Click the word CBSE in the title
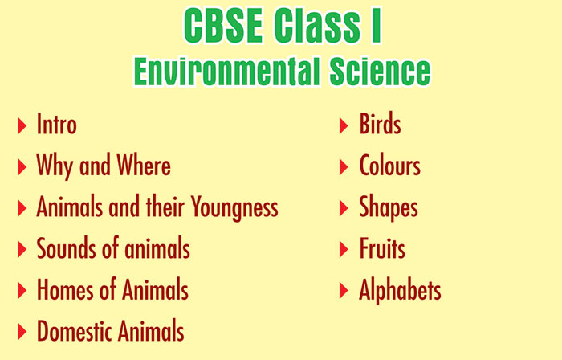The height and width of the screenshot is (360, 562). (x=223, y=26)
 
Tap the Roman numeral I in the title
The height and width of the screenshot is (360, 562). (x=377, y=26)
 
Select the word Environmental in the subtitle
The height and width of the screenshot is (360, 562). (x=226, y=71)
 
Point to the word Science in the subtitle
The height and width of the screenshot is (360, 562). (x=380, y=71)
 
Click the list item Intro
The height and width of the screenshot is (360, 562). (x=57, y=124)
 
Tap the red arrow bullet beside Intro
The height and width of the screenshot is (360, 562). (x=22, y=125)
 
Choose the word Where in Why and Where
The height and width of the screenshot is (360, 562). (x=144, y=166)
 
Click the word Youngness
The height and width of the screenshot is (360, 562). (x=234, y=207)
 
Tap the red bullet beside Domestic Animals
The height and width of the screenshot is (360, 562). (x=22, y=332)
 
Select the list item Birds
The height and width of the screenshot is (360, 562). (x=380, y=124)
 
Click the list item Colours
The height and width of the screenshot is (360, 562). (x=390, y=166)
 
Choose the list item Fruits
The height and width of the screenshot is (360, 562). (x=382, y=248)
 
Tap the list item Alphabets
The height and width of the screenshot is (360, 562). (x=400, y=290)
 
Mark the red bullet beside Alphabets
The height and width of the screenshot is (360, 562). (x=344, y=290)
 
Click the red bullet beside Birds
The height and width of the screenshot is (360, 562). (x=344, y=125)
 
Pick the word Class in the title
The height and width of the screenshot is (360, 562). (x=318, y=26)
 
